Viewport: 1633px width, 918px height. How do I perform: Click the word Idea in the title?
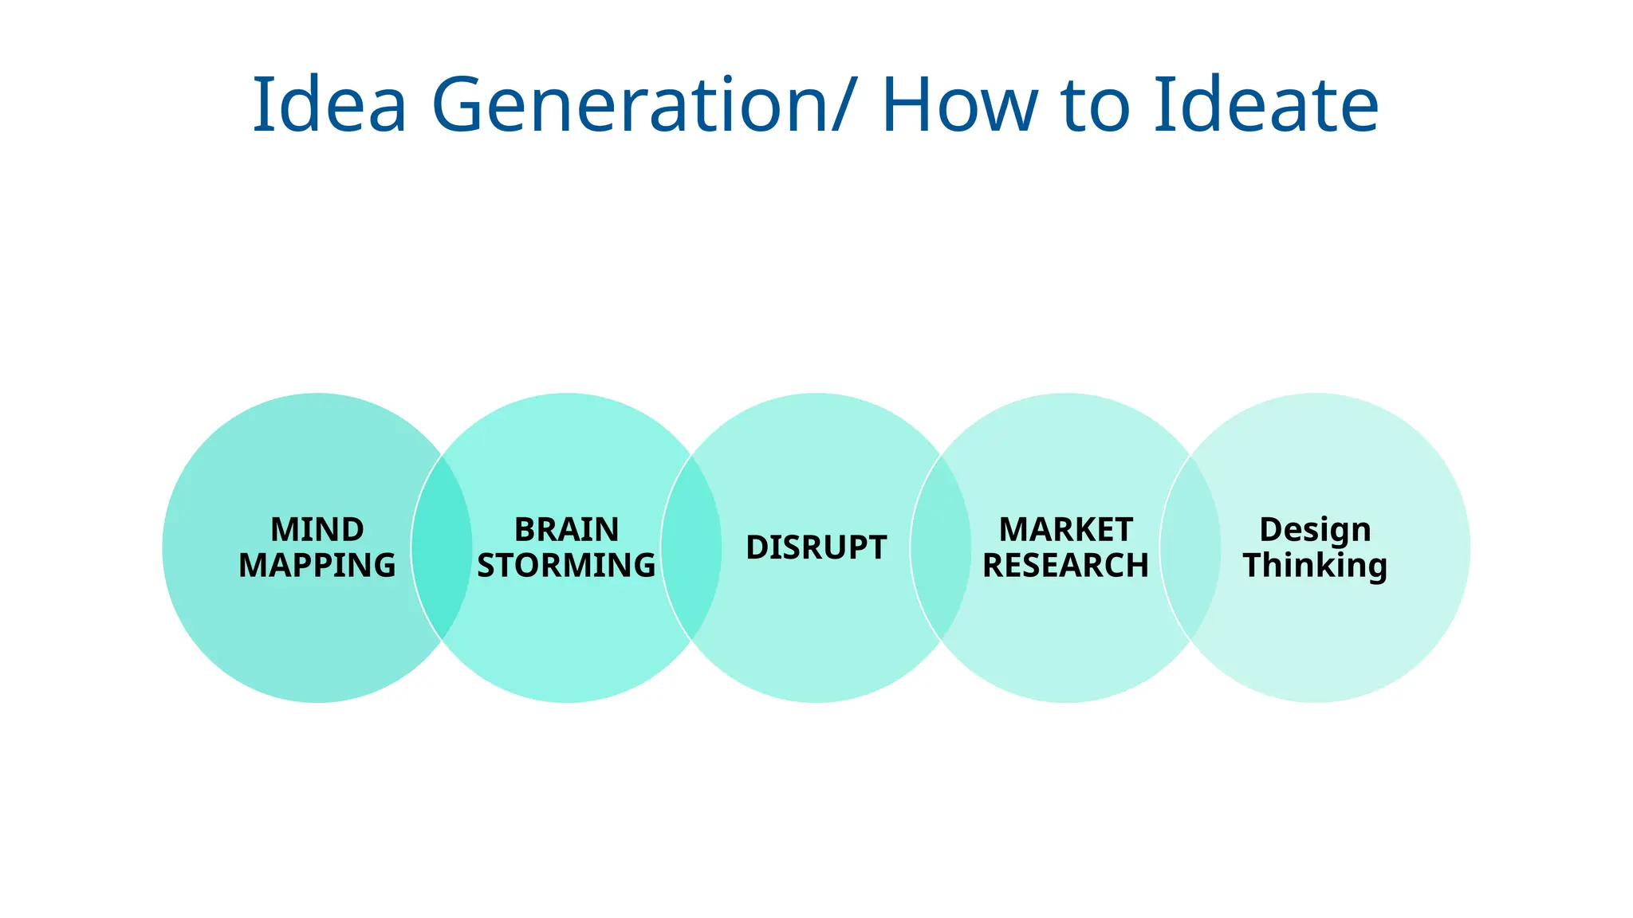[329, 104]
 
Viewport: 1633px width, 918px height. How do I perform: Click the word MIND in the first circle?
[317, 530]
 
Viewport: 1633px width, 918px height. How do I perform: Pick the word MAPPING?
[317, 566]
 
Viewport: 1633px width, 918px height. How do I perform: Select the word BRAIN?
[566, 530]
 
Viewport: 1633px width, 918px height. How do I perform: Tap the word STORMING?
[566, 566]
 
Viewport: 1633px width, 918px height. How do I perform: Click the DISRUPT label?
[816, 547]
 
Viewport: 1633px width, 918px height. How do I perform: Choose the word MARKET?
[1065, 530]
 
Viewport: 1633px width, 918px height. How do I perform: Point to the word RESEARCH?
[1065, 566]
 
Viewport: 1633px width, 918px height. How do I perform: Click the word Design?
[1315, 530]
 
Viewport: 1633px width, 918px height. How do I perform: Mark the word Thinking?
[1315, 566]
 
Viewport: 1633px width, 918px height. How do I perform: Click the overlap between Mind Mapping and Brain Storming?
[442, 547]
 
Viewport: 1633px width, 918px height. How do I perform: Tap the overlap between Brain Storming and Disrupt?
[691, 547]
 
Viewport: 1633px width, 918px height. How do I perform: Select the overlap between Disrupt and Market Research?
[941, 547]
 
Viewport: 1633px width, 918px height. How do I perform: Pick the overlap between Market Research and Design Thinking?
[1190, 547]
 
